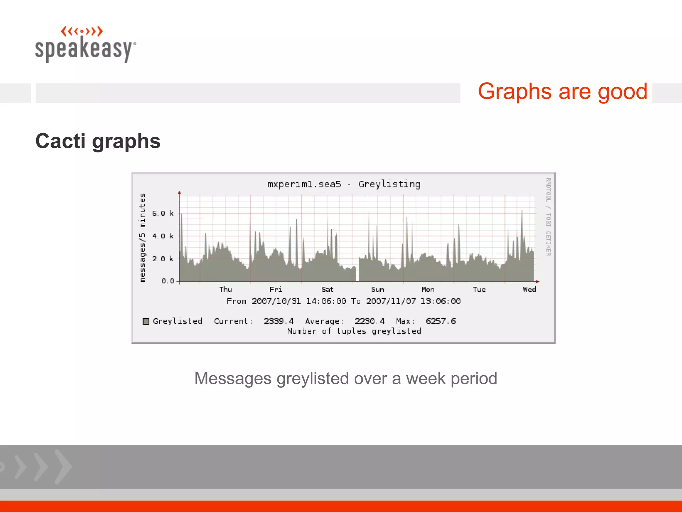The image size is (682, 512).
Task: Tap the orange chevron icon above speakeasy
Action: pos(82,31)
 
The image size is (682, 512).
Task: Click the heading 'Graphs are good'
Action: pos(562,92)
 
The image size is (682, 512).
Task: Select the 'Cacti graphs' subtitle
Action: pos(98,141)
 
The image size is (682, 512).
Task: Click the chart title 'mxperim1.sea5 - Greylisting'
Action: pos(344,184)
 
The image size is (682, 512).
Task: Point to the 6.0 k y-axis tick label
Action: pos(163,213)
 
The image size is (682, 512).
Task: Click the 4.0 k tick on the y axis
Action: pos(163,236)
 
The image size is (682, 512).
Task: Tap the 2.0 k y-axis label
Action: pos(163,259)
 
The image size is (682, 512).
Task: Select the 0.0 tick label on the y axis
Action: pos(168,281)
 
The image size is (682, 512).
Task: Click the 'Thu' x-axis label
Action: pos(225,289)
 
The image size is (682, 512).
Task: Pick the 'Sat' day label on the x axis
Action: pos(327,289)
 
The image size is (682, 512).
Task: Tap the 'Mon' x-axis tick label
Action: pos(428,289)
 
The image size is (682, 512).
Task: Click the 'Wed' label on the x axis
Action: pos(529,289)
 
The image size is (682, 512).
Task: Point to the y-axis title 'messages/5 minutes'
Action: pos(143,238)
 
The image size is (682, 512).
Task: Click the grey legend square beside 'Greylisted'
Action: pos(146,321)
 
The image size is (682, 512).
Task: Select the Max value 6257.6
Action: pos(441,321)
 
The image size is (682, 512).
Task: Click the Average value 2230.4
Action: pos(369,321)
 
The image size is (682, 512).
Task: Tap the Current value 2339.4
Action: pos(279,321)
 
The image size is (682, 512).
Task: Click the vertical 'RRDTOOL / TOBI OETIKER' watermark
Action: pos(548,217)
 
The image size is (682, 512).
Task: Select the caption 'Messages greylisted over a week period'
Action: pos(346,379)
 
